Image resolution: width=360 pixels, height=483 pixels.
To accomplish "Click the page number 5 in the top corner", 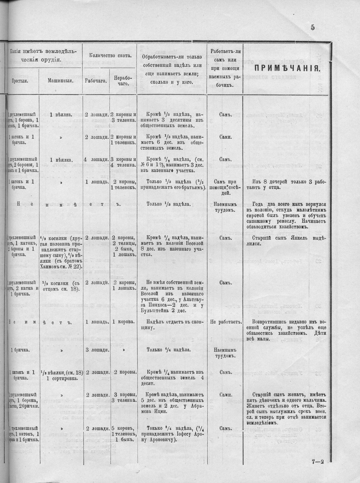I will point(313,27).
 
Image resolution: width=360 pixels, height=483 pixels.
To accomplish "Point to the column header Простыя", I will point(20,81).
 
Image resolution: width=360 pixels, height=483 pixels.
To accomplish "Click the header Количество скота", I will point(109,55).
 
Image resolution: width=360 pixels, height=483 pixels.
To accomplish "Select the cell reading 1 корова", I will point(123,322).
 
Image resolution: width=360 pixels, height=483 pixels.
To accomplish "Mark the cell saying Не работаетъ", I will point(225,322).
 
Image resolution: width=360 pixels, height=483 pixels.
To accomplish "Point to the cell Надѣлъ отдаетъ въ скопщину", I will point(172,325).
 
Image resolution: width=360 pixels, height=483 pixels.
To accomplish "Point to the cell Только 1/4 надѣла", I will point(172,349).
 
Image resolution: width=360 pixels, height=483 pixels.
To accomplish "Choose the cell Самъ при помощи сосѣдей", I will point(225,185).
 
